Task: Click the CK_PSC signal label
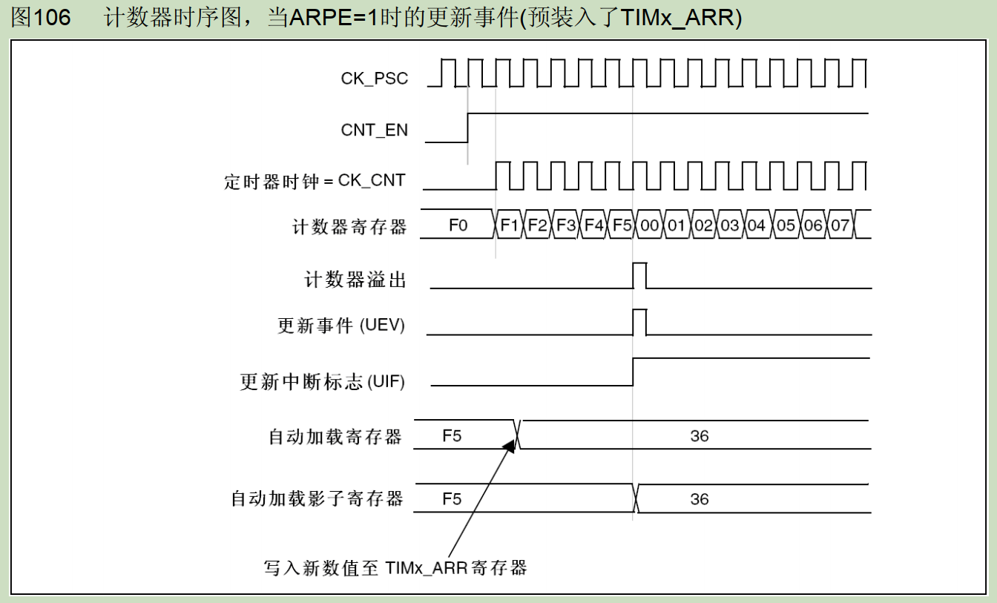coord(374,79)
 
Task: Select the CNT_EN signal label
coord(374,130)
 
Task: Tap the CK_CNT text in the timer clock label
coord(372,181)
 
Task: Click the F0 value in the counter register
coord(458,225)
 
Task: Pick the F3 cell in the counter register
coord(565,225)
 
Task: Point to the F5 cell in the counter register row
coord(622,225)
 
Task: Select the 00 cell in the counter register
coord(649,225)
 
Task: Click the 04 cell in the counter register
coord(756,225)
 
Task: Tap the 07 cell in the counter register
coord(840,225)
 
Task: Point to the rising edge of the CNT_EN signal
coord(468,128)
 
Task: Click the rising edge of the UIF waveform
coord(633,372)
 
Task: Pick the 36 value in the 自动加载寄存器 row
coord(700,436)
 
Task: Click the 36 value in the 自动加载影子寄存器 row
coord(700,499)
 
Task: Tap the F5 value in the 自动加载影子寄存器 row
coord(452,499)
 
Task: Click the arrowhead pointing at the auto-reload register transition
coord(510,446)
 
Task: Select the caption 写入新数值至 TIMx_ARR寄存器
coord(395,568)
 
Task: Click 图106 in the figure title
coord(41,17)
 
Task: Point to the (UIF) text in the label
coord(386,382)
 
